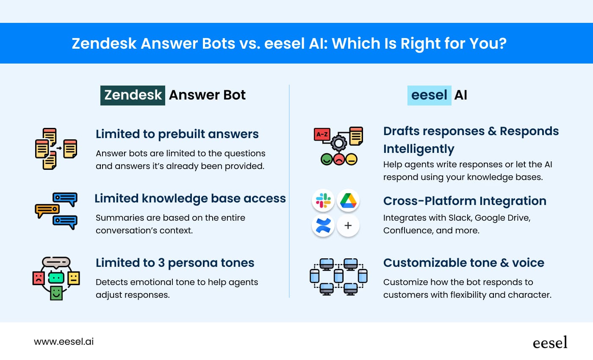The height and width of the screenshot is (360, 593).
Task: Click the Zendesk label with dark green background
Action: (x=133, y=95)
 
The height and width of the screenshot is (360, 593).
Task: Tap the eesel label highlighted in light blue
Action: (x=429, y=95)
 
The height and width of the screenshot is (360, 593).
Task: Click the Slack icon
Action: (x=323, y=200)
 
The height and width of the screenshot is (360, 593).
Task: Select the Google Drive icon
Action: (x=348, y=200)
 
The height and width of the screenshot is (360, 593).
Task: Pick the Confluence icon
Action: (x=323, y=225)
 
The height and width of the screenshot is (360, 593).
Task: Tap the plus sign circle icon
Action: (x=348, y=225)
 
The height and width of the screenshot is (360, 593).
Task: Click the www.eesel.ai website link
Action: (x=64, y=341)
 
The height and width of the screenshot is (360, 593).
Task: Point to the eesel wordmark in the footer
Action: (x=550, y=342)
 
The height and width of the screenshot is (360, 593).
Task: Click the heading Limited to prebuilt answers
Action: (x=177, y=134)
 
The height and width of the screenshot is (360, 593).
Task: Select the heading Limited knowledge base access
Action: (x=190, y=198)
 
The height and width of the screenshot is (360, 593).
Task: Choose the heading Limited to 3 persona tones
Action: (x=175, y=263)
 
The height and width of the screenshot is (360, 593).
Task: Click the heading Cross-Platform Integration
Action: (x=465, y=201)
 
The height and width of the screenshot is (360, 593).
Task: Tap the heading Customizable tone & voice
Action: (x=463, y=263)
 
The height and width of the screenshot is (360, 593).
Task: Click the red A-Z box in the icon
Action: (x=322, y=134)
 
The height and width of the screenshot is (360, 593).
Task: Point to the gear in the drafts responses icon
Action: (x=338, y=144)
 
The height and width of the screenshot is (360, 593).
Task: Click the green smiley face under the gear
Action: (x=326, y=160)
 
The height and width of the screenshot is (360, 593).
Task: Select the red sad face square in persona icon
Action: (x=39, y=278)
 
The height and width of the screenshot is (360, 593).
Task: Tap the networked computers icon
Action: (x=338, y=277)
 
